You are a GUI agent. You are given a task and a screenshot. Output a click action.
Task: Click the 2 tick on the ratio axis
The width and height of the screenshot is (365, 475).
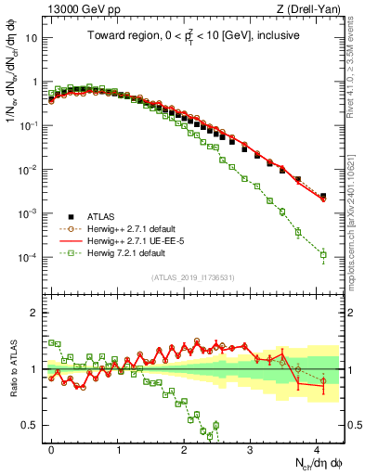[35, 313]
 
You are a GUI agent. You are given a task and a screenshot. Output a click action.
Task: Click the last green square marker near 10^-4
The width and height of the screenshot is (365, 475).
[323, 254]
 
